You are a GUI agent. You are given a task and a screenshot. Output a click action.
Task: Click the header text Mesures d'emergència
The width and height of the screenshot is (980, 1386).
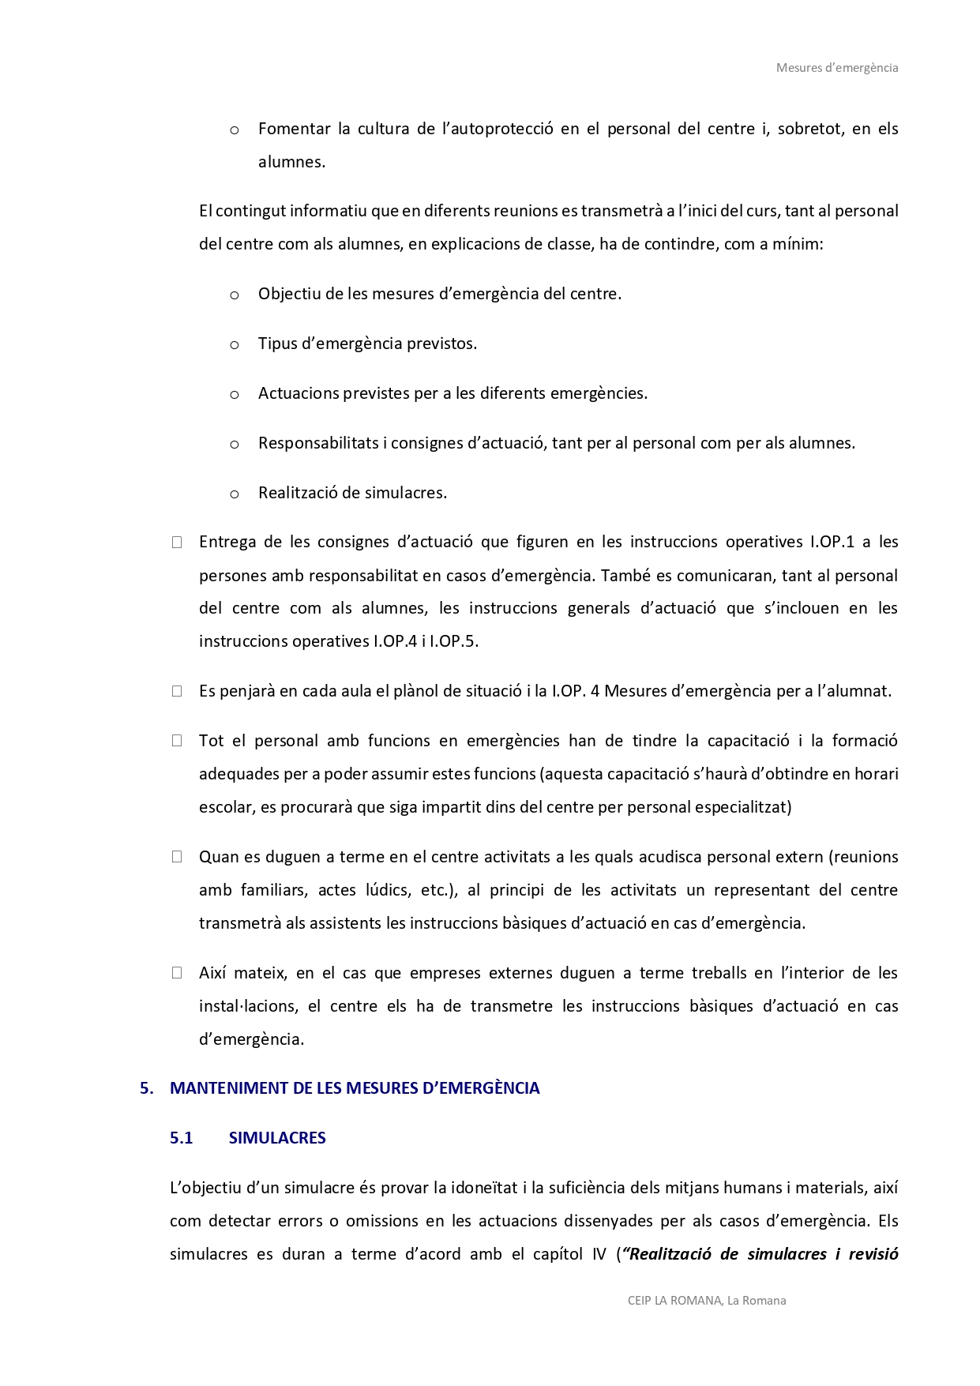coord(836,68)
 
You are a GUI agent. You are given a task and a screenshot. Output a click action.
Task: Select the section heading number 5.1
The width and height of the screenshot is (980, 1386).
coord(181,1138)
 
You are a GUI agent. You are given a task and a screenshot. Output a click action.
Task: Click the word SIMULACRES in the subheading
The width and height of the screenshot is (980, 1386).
coord(277,1138)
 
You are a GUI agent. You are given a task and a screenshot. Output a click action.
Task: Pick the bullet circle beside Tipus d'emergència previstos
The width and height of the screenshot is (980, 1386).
coord(235,345)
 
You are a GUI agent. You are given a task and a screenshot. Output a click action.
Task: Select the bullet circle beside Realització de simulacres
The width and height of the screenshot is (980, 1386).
coord(235,494)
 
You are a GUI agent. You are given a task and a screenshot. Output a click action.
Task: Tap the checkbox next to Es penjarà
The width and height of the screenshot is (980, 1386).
coord(177,691)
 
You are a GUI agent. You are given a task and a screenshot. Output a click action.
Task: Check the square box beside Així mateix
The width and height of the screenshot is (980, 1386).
coord(177,973)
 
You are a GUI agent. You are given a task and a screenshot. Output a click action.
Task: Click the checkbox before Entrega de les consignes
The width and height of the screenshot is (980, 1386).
coord(177,542)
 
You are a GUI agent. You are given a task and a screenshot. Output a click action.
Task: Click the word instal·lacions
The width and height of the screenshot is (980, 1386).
coord(247,1006)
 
